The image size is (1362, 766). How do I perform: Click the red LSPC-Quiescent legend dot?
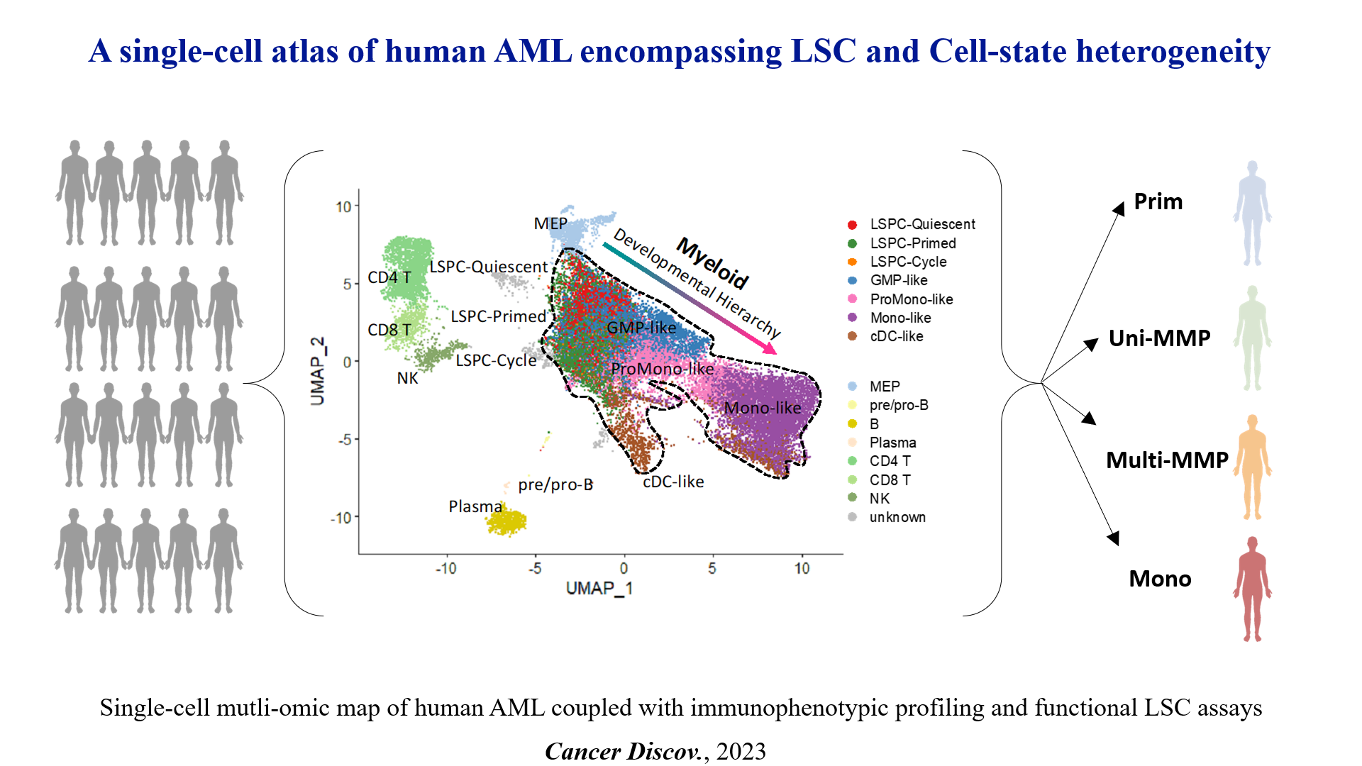click(x=852, y=225)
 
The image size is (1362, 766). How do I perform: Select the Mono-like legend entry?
click(x=900, y=318)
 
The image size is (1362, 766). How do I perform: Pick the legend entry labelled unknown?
click(x=897, y=517)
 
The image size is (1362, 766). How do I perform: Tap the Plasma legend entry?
click(x=892, y=443)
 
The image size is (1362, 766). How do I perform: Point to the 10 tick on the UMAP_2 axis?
click(x=343, y=206)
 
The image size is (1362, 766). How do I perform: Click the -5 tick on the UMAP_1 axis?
click(x=536, y=568)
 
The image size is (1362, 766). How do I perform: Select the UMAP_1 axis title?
click(x=599, y=588)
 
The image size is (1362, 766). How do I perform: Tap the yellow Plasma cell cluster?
click(x=506, y=522)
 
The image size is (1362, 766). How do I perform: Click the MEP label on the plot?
click(x=550, y=223)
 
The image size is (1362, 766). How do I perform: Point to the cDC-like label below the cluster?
click(x=673, y=482)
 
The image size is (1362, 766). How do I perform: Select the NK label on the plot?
click(x=407, y=378)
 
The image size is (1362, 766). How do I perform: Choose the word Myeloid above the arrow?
click(x=712, y=263)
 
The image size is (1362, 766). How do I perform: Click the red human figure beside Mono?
click(x=1252, y=589)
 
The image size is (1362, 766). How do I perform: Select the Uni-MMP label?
click(x=1159, y=338)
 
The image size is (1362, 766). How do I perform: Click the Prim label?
click(x=1158, y=201)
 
